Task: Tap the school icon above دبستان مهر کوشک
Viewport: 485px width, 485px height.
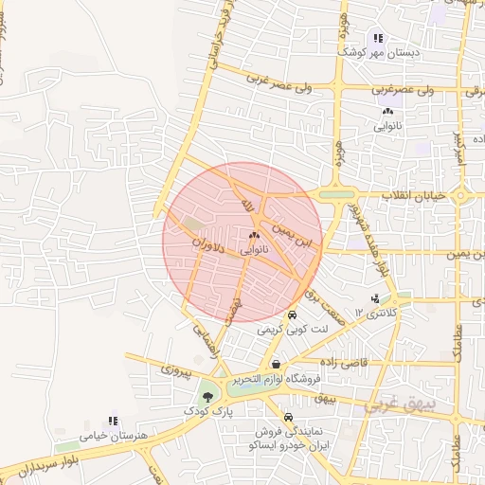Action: point(378,38)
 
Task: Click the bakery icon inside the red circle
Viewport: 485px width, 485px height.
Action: point(253,236)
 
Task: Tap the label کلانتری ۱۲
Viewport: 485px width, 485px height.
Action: point(376,312)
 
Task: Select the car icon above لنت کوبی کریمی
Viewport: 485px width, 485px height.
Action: point(292,314)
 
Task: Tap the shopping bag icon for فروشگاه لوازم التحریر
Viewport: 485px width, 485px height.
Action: point(276,364)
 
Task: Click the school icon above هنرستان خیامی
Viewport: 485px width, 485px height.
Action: point(114,420)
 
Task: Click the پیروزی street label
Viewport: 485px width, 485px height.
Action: point(176,368)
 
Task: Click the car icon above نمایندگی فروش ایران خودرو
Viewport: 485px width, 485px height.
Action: point(288,417)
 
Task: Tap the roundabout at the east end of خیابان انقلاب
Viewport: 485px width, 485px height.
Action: point(460,197)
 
